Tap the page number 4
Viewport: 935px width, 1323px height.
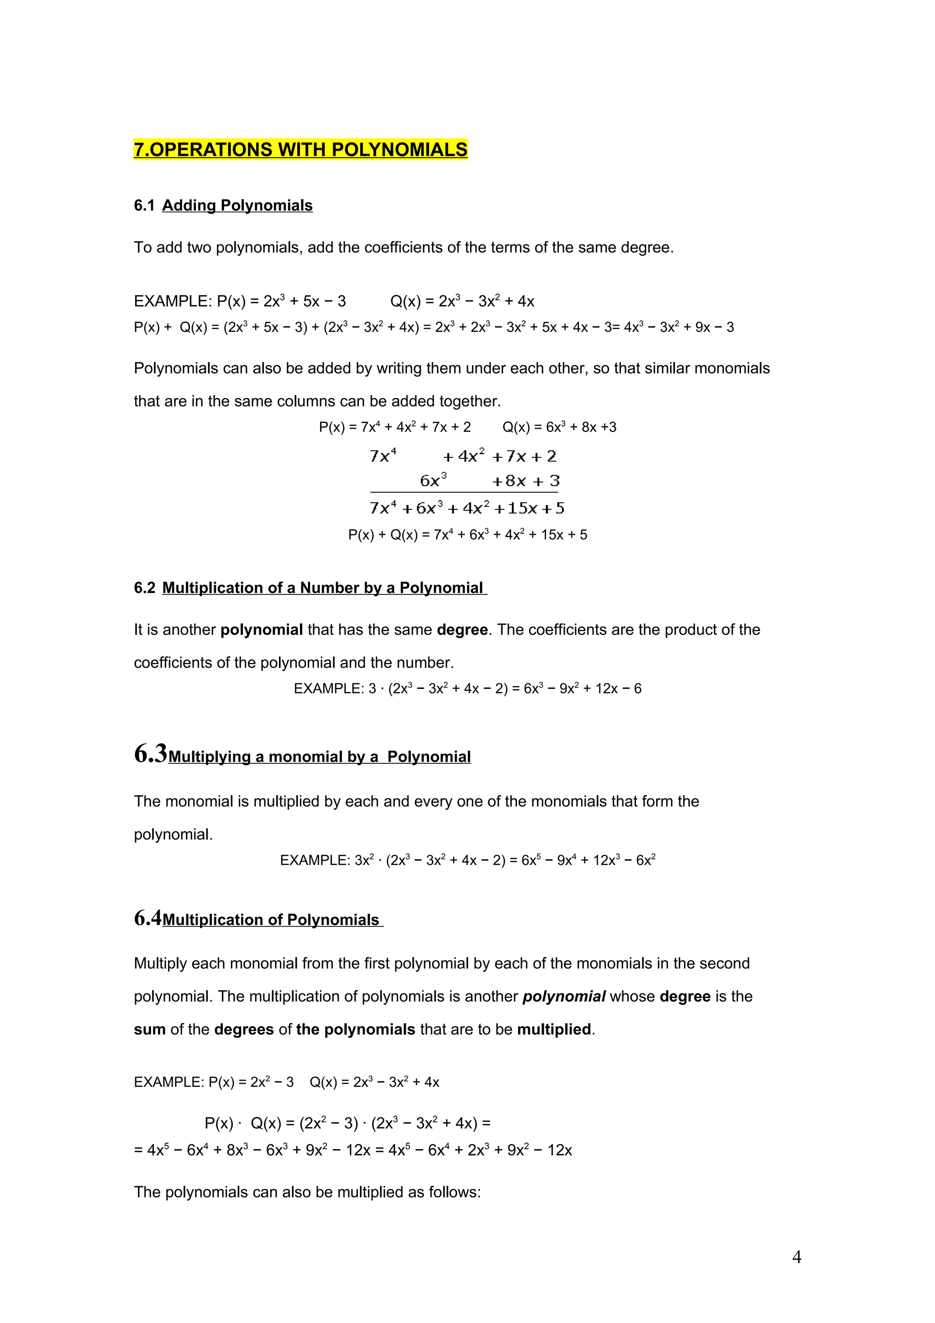(796, 1257)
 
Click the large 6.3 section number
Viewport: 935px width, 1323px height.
(150, 753)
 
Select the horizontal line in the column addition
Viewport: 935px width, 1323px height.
(464, 492)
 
